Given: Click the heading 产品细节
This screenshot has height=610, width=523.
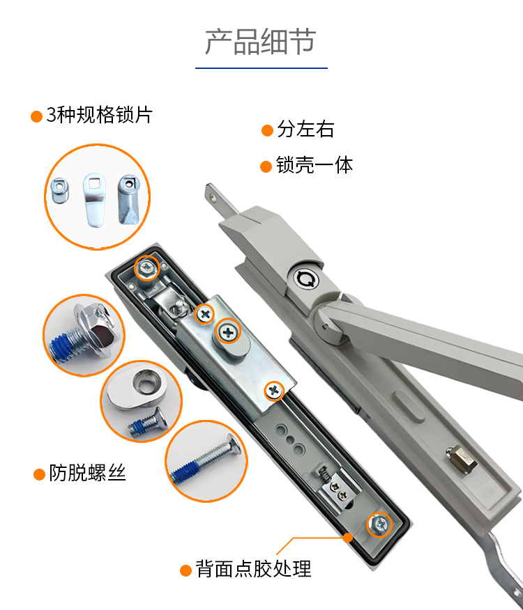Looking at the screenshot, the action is click(260, 41).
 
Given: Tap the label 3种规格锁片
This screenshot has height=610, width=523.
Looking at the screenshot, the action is click(100, 115).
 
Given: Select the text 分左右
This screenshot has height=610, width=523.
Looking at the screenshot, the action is click(305, 129).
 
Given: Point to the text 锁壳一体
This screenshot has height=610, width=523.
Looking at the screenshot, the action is click(314, 165).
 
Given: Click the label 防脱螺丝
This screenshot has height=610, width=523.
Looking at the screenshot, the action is click(87, 473).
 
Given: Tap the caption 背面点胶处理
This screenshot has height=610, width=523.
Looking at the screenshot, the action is click(253, 569).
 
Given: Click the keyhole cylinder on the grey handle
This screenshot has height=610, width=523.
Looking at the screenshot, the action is click(305, 279).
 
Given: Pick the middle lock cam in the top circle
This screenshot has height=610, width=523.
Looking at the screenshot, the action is click(94, 200).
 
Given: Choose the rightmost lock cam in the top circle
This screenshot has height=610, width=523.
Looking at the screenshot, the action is click(128, 199).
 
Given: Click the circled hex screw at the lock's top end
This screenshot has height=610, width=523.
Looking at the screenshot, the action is click(147, 267).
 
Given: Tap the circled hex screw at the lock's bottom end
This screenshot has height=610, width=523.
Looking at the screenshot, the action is click(379, 524).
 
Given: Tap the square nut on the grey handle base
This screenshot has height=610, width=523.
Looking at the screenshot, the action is click(462, 459).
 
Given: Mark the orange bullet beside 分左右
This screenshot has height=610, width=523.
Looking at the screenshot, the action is click(267, 130).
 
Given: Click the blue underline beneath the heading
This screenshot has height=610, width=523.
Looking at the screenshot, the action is click(261, 68).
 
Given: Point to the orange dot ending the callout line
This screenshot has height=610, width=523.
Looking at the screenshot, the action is click(348, 538).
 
